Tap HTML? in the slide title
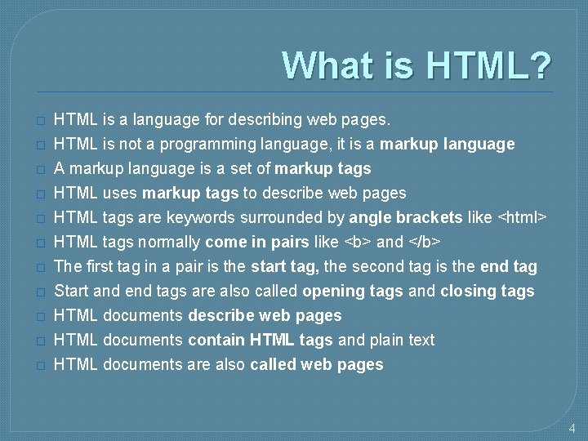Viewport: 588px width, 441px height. pyautogui.click(x=485, y=65)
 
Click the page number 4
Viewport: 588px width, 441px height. pyautogui.click(x=572, y=428)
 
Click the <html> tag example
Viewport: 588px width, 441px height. pyautogui.click(x=522, y=218)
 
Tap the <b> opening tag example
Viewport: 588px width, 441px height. pyautogui.click(x=359, y=243)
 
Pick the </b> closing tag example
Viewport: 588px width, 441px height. pyautogui.click(x=426, y=243)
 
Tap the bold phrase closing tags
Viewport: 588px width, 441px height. pyautogui.click(x=488, y=292)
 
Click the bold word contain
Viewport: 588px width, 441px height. pyautogui.click(x=217, y=341)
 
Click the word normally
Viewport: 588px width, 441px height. pyautogui.click(x=168, y=243)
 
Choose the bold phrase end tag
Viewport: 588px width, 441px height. pyautogui.click(x=509, y=267)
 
